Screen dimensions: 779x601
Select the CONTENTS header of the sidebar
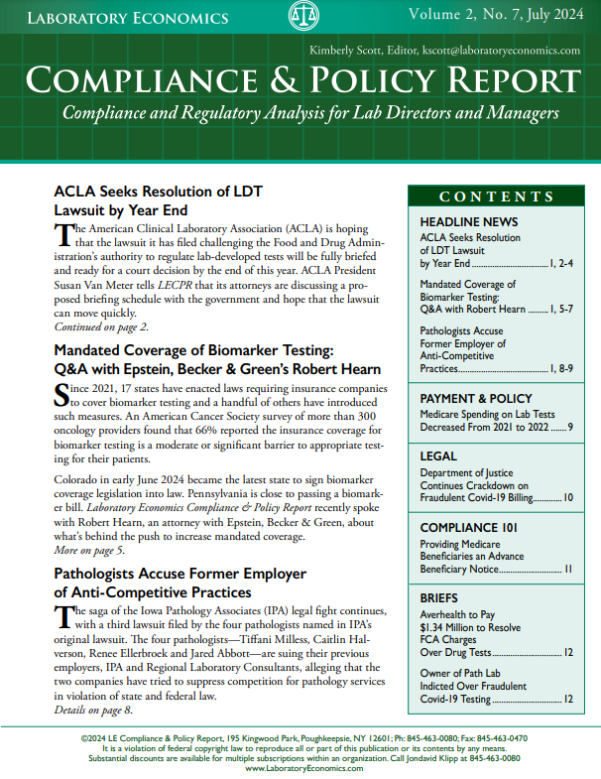point(497,196)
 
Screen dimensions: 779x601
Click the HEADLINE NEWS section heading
point(468,220)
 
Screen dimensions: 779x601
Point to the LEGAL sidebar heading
point(438,456)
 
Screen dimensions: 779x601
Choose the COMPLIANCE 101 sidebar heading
point(469,528)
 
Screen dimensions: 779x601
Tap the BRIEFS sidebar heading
point(439,599)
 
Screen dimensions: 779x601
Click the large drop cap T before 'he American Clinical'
point(64,234)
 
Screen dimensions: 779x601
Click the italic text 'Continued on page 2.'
point(100,326)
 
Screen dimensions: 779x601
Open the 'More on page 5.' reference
point(89,549)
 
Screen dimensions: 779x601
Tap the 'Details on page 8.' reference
point(93,710)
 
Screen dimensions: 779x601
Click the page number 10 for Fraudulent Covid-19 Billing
point(568,497)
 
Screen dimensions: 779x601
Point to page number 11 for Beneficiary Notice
point(568,569)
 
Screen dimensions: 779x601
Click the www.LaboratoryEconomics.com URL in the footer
point(300,769)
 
